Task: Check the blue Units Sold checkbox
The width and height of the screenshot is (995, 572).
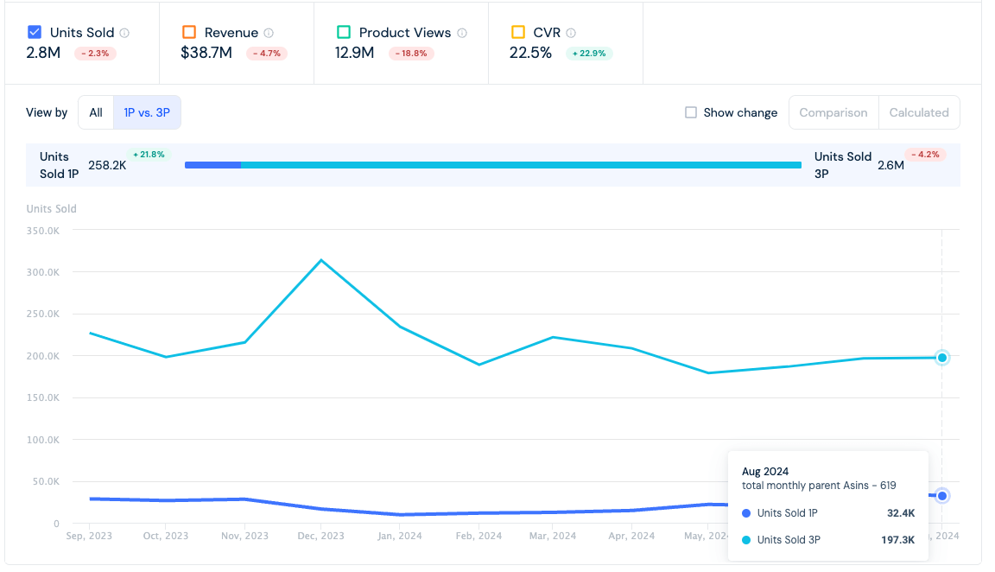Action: click(35, 32)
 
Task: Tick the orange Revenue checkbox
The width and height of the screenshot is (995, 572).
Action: click(189, 32)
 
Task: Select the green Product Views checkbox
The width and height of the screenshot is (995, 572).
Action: click(344, 32)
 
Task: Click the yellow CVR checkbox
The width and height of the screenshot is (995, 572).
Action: click(518, 32)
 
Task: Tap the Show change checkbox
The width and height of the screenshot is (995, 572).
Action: click(691, 112)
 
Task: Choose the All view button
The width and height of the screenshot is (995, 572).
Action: click(96, 112)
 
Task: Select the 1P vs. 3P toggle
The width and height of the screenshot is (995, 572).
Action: click(147, 112)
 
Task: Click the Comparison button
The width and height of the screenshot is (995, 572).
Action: click(833, 112)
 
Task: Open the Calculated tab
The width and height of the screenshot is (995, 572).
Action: click(919, 112)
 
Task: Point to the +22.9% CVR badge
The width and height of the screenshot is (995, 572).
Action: click(589, 54)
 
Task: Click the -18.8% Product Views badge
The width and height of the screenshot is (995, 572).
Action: click(411, 54)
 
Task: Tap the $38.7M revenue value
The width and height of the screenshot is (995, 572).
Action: click(206, 53)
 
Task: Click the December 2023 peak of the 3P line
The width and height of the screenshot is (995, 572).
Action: click(321, 260)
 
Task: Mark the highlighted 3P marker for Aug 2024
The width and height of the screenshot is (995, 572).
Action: click(942, 358)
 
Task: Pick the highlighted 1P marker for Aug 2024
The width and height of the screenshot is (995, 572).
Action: click(942, 496)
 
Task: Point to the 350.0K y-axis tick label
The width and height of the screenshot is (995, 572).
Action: click(43, 231)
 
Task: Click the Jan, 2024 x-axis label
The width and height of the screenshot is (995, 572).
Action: click(400, 536)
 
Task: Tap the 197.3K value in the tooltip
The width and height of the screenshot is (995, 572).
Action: click(898, 540)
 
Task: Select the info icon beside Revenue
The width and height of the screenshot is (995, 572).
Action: click(269, 32)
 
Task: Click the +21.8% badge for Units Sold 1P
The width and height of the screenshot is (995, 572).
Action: click(149, 155)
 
